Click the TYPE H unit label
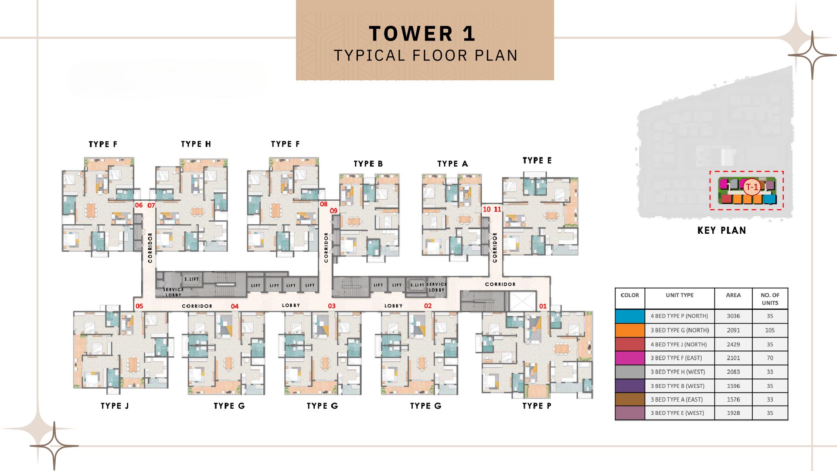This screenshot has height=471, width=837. (196, 144)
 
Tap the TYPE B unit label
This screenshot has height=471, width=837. (368, 164)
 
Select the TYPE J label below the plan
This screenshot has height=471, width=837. (115, 406)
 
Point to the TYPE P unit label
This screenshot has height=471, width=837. (537, 406)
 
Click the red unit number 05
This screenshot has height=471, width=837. (139, 306)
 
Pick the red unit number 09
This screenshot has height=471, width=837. (333, 211)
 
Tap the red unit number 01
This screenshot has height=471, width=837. (543, 306)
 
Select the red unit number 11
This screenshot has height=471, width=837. (497, 209)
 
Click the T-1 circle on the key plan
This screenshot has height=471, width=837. (752, 187)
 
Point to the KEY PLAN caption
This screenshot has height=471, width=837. (721, 230)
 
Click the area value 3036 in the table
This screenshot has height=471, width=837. (733, 316)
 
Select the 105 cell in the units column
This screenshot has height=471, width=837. (770, 330)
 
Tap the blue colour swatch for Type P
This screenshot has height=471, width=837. (630, 316)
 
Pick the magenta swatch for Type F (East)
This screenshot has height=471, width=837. (630, 358)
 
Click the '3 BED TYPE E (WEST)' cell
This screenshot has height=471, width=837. (677, 413)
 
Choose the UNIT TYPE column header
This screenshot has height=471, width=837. (680, 295)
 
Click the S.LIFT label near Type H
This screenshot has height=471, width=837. (191, 279)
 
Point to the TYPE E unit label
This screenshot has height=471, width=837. (537, 160)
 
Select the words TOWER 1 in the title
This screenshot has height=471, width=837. (422, 34)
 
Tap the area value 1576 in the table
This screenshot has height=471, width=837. (733, 399)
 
